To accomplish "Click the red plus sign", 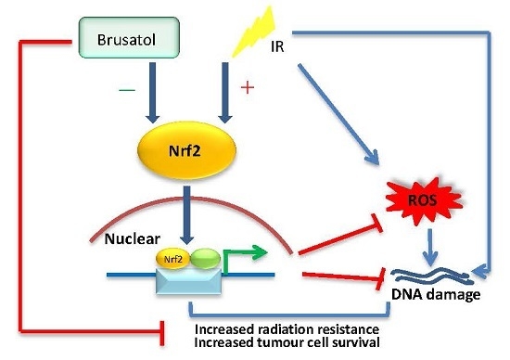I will tap(247, 88).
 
